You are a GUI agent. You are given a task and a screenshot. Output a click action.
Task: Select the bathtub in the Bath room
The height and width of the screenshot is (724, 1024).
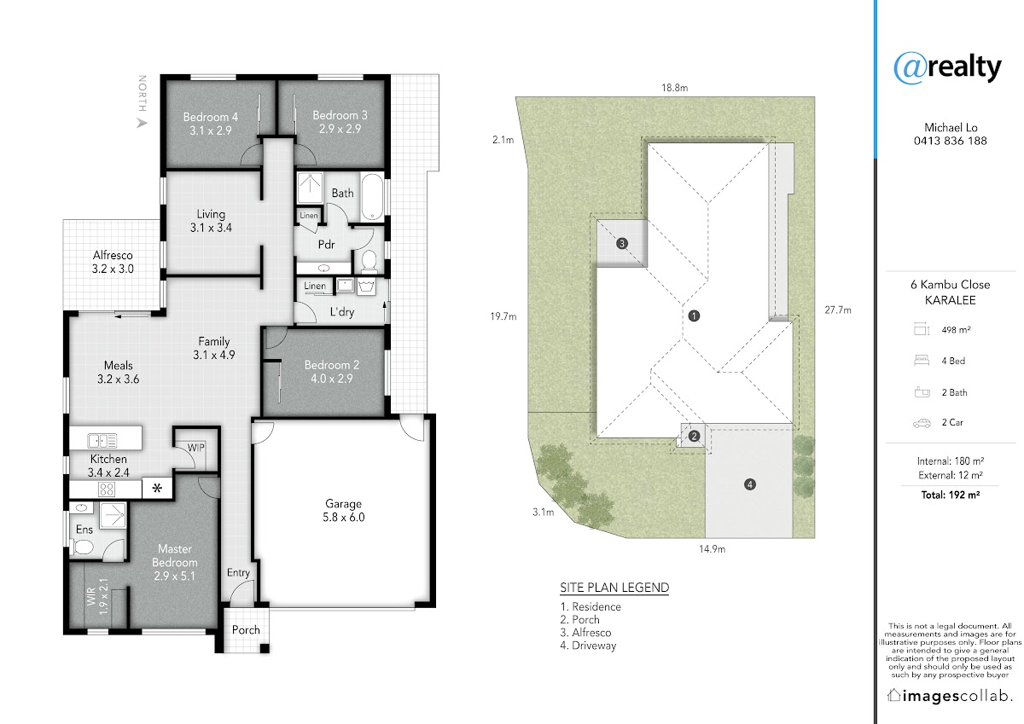click(x=372, y=197)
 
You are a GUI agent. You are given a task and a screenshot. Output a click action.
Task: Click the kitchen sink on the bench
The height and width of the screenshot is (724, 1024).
click(x=102, y=441)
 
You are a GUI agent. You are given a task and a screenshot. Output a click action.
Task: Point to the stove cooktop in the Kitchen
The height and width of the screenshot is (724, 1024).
click(x=107, y=489)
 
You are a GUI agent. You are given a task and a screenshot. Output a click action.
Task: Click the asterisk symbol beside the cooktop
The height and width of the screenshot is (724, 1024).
click(x=157, y=489)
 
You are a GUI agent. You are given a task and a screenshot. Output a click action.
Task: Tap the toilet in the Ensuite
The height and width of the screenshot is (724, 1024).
click(x=83, y=547)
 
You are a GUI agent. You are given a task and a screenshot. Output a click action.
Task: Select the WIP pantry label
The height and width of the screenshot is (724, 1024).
click(x=196, y=448)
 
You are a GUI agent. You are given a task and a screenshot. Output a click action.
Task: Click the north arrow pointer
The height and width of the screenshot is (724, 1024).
click(x=143, y=124)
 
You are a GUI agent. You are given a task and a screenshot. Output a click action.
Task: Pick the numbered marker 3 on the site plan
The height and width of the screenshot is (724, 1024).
click(x=622, y=243)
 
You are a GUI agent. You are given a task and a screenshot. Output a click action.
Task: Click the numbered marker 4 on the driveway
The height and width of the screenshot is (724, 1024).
click(x=750, y=484)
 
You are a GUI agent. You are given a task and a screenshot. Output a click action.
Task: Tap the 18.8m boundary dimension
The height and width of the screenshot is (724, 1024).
click(x=674, y=88)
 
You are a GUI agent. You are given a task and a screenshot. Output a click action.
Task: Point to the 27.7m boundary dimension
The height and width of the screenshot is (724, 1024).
click(x=838, y=310)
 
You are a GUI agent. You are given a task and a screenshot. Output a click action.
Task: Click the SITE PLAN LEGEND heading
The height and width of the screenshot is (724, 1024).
click(x=614, y=588)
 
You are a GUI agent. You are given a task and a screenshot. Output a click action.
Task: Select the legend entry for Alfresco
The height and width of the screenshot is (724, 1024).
click(x=585, y=633)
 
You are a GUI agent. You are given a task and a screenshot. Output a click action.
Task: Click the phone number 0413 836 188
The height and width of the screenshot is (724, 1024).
click(x=951, y=141)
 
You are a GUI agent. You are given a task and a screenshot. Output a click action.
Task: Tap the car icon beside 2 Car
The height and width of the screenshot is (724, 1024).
click(x=922, y=423)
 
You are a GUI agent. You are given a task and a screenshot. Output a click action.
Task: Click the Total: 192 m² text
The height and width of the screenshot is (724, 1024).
click(x=951, y=495)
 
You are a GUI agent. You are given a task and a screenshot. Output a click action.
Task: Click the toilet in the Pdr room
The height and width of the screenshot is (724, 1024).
click(x=369, y=261)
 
